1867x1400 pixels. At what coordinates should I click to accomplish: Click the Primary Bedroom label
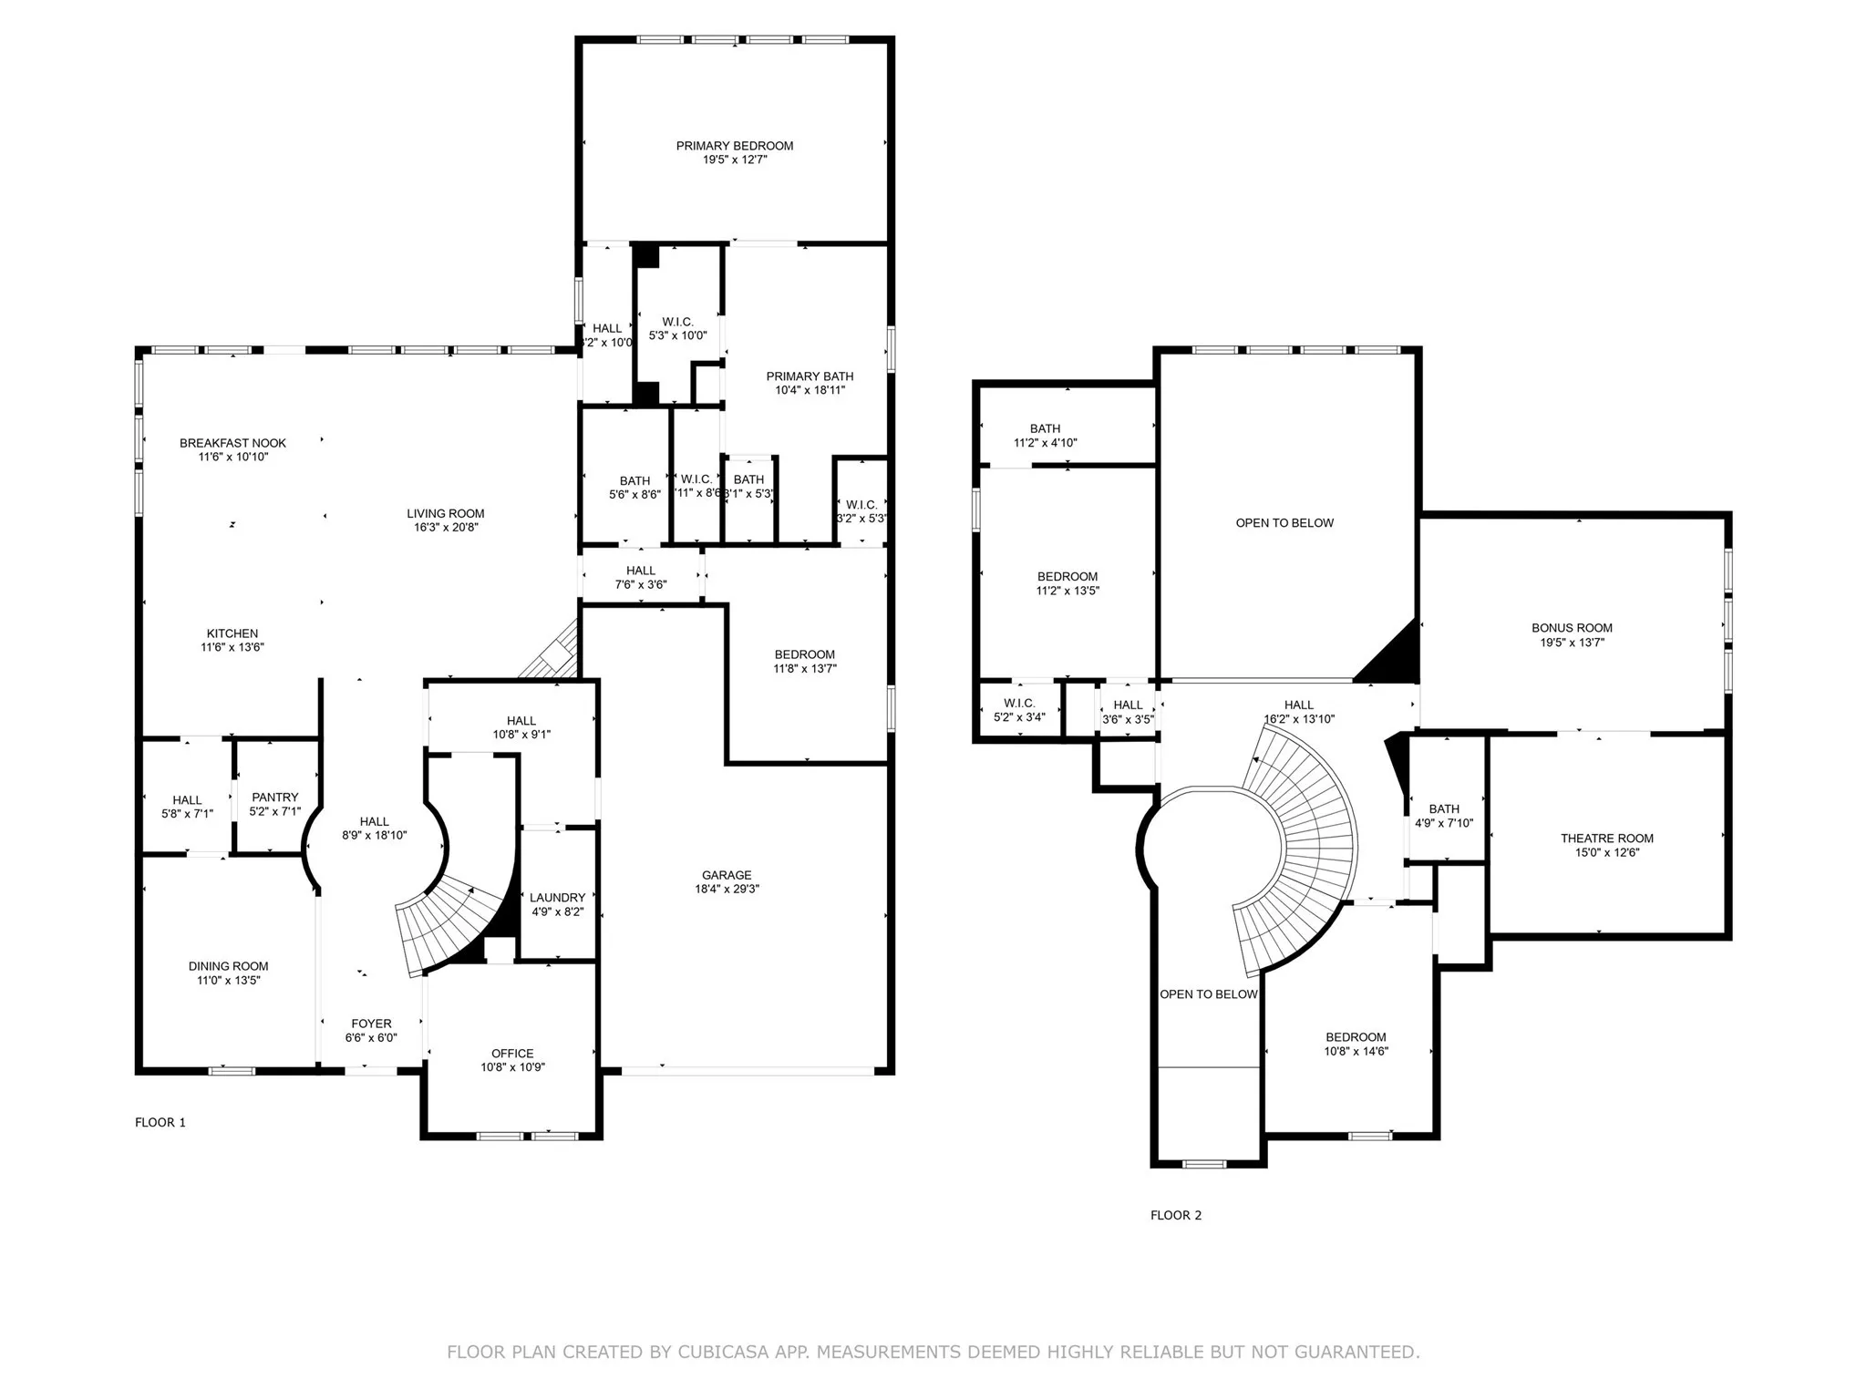[x=734, y=146]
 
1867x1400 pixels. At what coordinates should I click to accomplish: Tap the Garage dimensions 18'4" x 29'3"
[x=727, y=889]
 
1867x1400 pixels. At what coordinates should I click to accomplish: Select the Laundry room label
[x=557, y=898]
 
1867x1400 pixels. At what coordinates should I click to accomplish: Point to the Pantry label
[x=274, y=798]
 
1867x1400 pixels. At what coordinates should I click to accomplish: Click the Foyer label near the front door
[x=371, y=1024]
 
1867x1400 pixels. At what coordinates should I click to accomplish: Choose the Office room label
[x=512, y=1054]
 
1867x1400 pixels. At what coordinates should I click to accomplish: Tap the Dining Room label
[x=228, y=966]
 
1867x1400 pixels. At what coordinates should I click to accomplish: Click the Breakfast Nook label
[x=232, y=443]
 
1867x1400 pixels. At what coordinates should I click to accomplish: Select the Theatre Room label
[x=1606, y=839]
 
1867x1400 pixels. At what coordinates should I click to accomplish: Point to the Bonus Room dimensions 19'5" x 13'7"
[x=1572, y=643]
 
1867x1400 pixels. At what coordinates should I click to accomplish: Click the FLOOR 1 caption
[x=160, y=1122]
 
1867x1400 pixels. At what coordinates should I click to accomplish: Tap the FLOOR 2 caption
[x=1176, y=1215]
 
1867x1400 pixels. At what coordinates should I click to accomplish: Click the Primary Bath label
[x=810, y=376]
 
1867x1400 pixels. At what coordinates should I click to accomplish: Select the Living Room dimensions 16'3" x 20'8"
[x=446, y=527]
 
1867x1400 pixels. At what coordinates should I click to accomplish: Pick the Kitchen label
[x=232, y=633]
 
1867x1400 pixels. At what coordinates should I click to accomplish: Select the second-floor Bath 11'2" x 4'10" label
[x=1045, y=428]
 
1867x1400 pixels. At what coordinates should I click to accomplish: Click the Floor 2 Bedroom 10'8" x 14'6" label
[x=1356, y=1037]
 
